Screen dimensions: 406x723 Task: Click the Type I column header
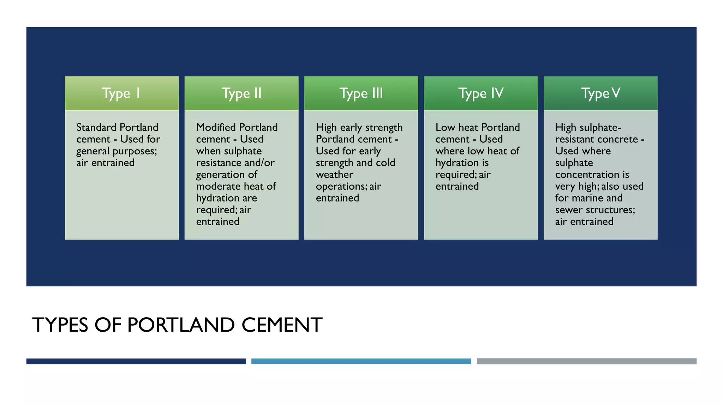click(121, 93)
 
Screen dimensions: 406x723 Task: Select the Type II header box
click(241, 93)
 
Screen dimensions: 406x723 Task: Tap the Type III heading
click(361, 93)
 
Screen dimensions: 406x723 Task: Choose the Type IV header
click(481, 93)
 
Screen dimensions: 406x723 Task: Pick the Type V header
click(600, 93)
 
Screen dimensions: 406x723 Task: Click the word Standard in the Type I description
click(96, 127)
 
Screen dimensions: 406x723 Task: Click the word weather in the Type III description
click(334, 174)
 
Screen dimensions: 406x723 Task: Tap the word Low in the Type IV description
click(445, 127)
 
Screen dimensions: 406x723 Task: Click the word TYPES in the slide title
click(60, 325)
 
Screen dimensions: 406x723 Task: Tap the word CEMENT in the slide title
click(282, 325)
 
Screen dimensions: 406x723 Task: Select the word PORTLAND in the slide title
click(181, 325)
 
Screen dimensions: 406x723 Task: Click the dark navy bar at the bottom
click(136, 361)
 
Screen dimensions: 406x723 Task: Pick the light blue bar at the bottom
click(361, 361)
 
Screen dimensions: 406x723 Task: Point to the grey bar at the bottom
click(586, 361)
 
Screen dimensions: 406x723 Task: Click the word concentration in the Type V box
click(587, 174)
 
